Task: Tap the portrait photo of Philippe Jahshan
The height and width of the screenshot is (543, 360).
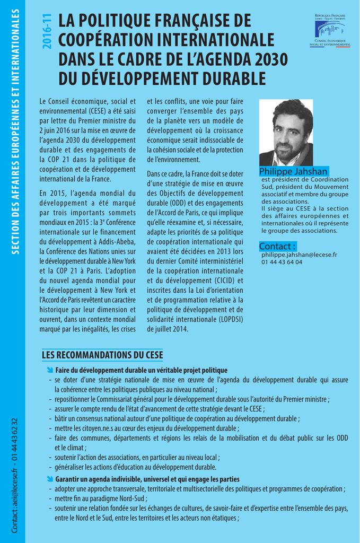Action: click(286, 133)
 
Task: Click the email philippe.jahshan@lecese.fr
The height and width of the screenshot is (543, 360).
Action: click(299, 255)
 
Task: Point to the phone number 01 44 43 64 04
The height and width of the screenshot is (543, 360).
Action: click(282, 262)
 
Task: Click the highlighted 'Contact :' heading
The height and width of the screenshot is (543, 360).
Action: click(277, 246)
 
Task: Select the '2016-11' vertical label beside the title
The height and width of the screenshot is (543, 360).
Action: click(47, 32)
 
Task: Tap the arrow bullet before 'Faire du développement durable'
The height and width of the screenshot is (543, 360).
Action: click(50, 370)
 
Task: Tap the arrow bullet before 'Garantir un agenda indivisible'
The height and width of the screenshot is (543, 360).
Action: click(50, 479)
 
